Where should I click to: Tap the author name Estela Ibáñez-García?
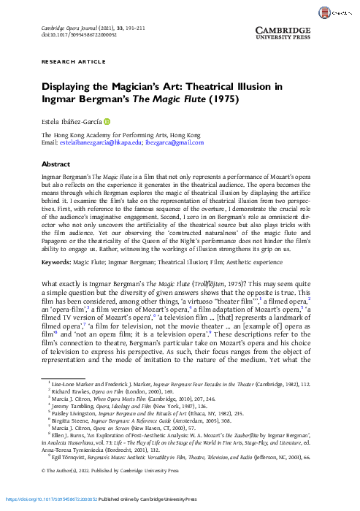click(71, 121)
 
